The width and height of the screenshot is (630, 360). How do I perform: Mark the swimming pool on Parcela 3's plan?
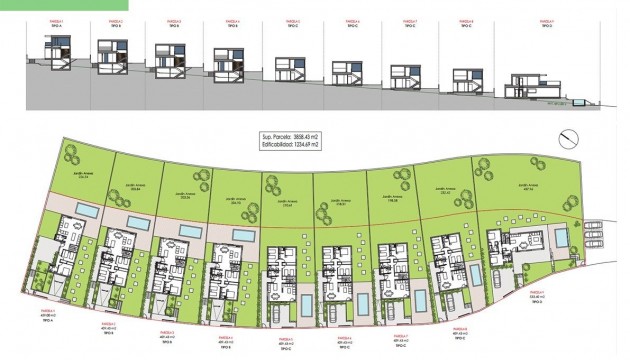pyautogui.click(x=187, y=229)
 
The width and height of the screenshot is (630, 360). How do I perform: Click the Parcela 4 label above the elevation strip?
pyautogui.click(x=232, y=21)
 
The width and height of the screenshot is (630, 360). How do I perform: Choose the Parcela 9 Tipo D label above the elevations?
pyautogui.click(x=545, y=23)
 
